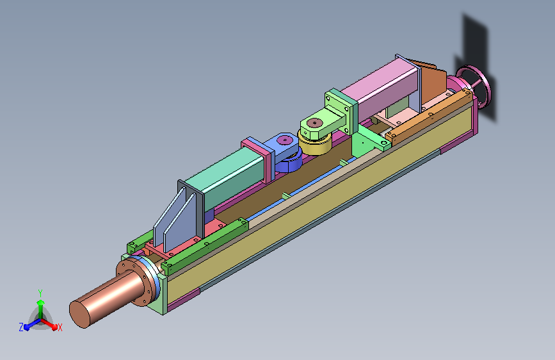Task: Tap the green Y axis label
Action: (x=40, y=293)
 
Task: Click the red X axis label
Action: (x=60, y=327)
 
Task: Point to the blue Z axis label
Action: (x=21, y=327)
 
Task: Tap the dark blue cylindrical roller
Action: (x=289, y=162)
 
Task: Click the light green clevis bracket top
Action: (x=320, y=123)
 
